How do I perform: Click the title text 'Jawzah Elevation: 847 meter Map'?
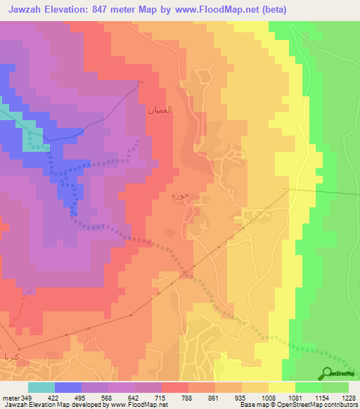click(x=91, y=9)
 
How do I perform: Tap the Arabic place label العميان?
click(x=160, y=110)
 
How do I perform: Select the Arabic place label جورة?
click(x=180, y=196)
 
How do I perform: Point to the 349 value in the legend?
click(x=27, y=397)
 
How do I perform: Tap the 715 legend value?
click(x=162, y=397)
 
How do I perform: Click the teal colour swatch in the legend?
click(x=41, y=387)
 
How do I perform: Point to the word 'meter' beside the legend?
click(x=10, y=397)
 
